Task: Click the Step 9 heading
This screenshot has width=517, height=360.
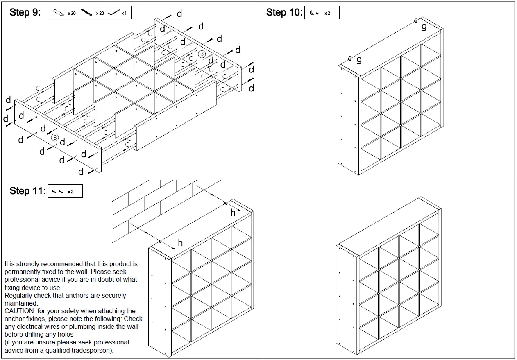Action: [x=25, y=12]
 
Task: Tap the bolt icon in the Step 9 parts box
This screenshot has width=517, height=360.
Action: [x=86, y=13]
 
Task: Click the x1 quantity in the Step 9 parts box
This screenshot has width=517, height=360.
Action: [x=124, y=14]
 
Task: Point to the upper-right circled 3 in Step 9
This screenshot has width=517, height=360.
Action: [x=202, y=54]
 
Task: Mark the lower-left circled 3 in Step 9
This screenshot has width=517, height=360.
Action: [x=54, y=138]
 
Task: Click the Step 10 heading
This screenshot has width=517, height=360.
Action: [x=284, y=12]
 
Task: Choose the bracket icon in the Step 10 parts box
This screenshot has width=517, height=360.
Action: [x=313, y=13]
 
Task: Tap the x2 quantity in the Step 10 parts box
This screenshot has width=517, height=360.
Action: [x=327, y=14]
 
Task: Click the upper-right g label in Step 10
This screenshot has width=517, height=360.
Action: [x=424, y=27]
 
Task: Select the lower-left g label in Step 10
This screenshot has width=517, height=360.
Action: [x=359, y=60]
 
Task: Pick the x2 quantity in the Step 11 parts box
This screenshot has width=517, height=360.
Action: [x=70, y=192]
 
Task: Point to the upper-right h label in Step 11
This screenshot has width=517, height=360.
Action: [x=233, y=213]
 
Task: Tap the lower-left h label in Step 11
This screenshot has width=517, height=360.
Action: [x=180, y=243]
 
